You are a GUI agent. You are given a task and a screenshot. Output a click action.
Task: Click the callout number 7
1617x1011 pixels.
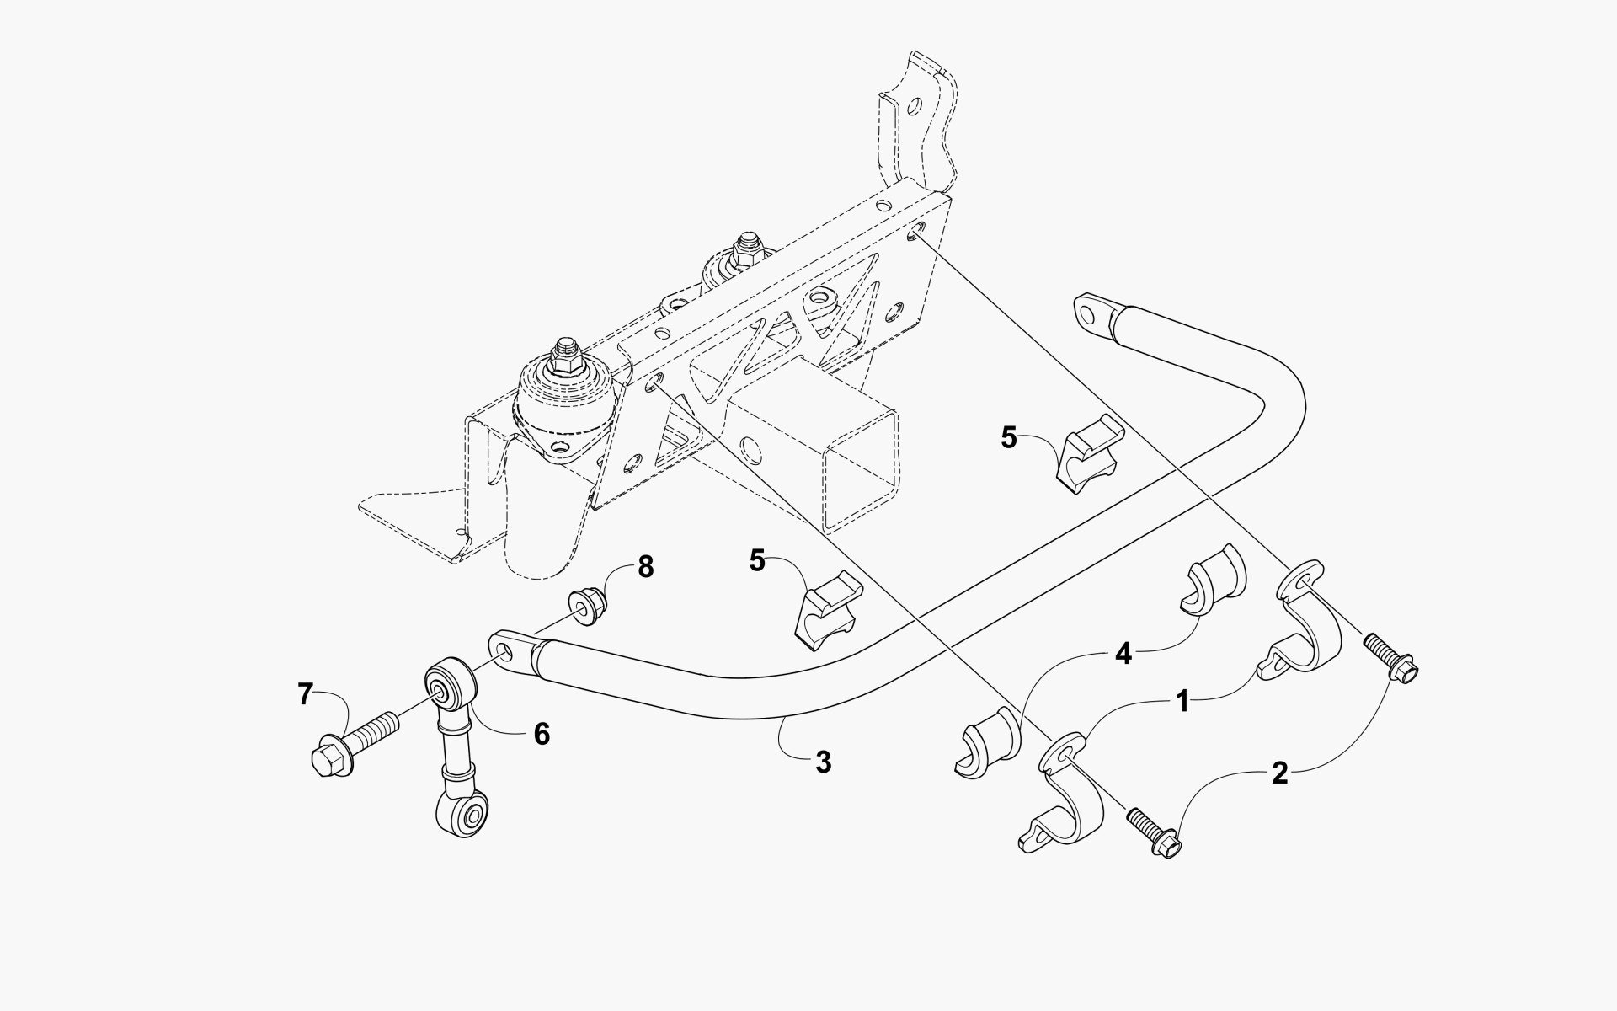tap(305, 695)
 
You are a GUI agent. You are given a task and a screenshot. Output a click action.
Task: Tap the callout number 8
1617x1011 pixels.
tap(645, 567)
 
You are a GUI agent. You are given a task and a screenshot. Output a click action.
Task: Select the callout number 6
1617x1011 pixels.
tap(542, 734)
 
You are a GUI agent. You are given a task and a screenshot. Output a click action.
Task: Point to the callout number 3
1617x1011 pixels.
tap(823, 762)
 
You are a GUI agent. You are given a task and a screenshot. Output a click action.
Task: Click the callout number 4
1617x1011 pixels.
tap(1123, 654)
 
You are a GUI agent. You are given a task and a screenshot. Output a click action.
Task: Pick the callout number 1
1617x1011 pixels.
tap(1182, 701)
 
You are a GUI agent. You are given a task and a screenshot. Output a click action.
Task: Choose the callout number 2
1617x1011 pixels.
tap(1279, 773)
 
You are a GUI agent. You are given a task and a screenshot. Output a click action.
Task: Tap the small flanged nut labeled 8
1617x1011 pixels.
tap(582, 607)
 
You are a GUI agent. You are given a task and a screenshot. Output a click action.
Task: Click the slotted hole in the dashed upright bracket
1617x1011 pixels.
tap(915, 106)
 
